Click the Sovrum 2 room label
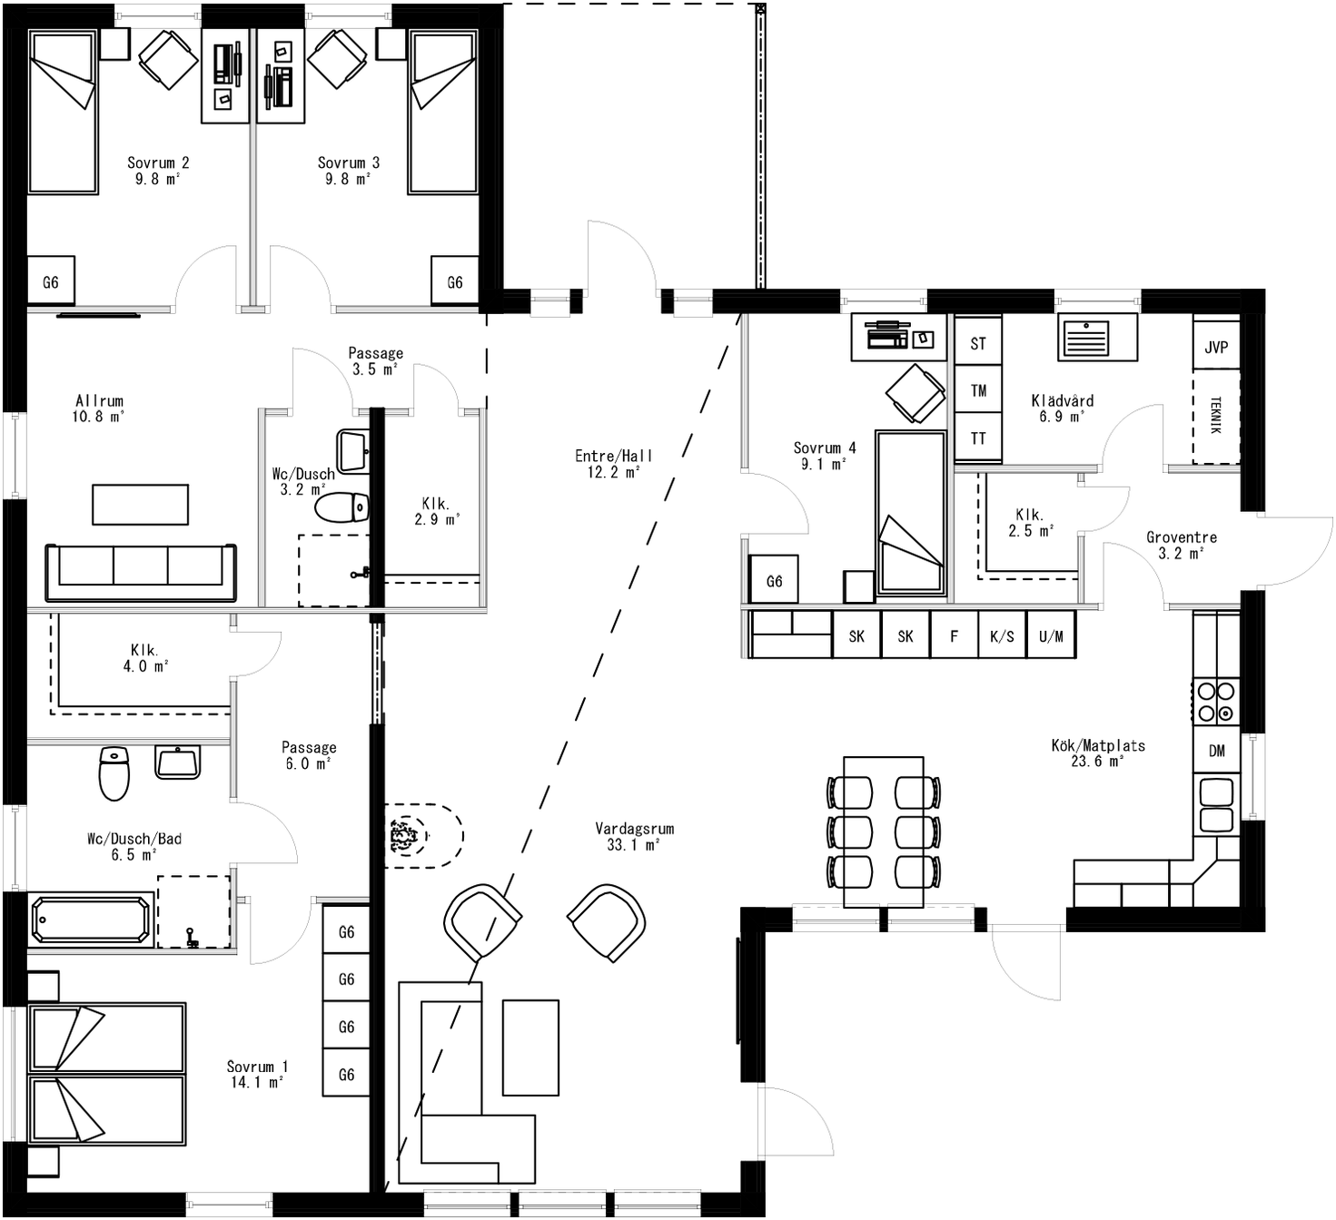[158, 163]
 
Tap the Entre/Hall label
[613, 457]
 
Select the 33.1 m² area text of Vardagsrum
[633, 845]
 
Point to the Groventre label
[1181, 537]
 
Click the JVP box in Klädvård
[1216, 347]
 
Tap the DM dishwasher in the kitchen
[1216, 751]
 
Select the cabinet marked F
[954, 635]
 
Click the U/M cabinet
[1051, 635]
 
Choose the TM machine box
[978, 390]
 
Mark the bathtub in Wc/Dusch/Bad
[90, 920]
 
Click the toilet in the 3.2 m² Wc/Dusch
[341, 507]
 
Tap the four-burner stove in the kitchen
[1216, 701]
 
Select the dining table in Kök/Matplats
[883, 831]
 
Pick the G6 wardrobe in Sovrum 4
[774, 580]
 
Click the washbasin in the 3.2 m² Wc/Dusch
[353, 450]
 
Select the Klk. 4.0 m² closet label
[144, 658]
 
